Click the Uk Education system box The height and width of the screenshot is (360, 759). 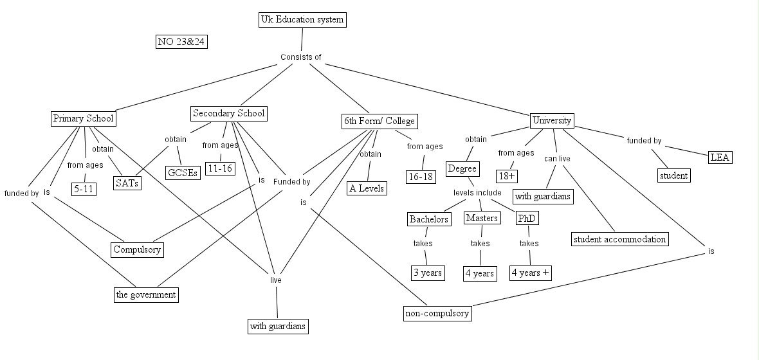pyautogui.click(x=302, y=20)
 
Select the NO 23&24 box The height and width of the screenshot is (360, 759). pyautogui.click(x=182, y=42)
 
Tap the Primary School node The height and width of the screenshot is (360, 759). pyautogui.click(x=83, y=118)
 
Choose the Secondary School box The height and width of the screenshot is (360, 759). pyautogui.click(x=229, y=114)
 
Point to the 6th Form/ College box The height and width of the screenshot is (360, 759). pyautogui.click(x=379, y=121)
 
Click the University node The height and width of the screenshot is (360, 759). pyautogui.click(x=552, y=120)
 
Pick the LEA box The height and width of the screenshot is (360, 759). pyautogui.click(x=720, y=157)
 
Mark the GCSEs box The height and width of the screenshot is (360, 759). pyautogui.click(x=183, y=173)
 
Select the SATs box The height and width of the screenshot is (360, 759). pyautogui.click(x=128, y=183)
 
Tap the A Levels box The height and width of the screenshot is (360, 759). pyautogui.click(x=366, y=188)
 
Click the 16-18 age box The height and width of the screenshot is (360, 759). pyautogui.click(x=421, y=176)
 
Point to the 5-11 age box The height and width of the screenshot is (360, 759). pyautogui.click(x=84, y=189)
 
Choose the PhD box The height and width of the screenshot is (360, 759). pyautogui.click(x=527, y=219)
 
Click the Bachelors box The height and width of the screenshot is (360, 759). pyautogui.click(x=428, y=219)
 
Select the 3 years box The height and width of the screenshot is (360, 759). pyautogui.click(x=428, y=273)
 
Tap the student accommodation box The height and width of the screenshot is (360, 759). pyautogui.click(x=619, y=239)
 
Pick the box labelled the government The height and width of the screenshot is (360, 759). pyautogui.click(x=145, y=294)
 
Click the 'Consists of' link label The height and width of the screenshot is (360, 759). pyautogui.click(x=300, y=57)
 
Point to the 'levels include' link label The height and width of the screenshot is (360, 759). pyautogui.click(x=477, y=193)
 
